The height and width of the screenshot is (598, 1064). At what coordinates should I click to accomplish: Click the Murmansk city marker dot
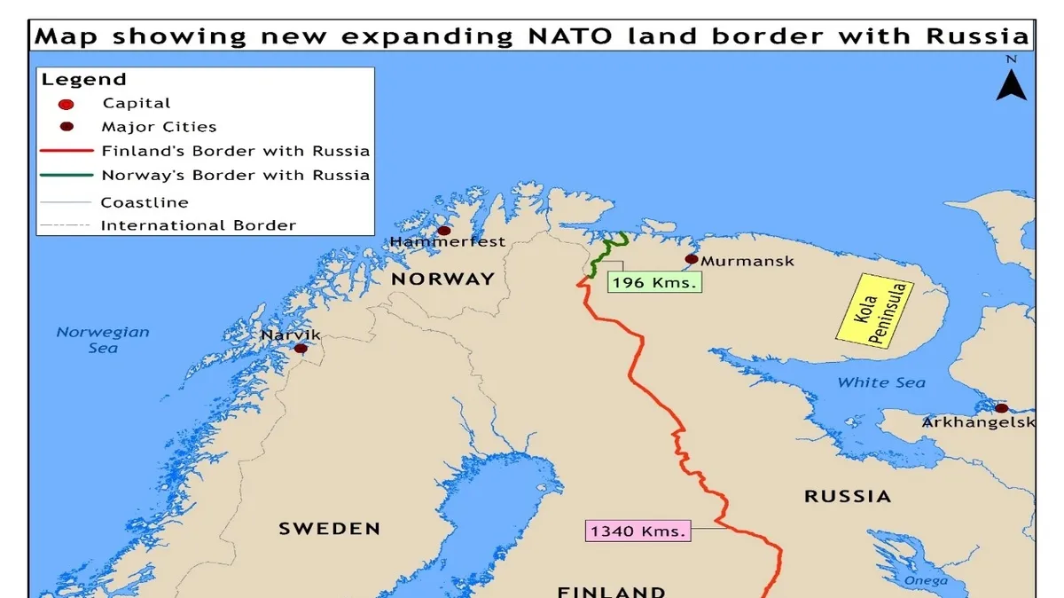692,259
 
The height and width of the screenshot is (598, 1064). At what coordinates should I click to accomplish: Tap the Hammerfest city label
448,242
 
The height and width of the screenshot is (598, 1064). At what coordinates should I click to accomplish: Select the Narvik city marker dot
301,349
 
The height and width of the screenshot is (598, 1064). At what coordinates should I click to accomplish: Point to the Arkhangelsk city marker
1001,408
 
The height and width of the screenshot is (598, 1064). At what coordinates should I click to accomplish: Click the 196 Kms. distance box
654,283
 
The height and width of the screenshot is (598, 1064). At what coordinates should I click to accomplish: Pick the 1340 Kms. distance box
637,531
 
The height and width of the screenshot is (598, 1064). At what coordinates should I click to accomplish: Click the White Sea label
881,382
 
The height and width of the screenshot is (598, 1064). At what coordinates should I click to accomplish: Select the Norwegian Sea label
103,340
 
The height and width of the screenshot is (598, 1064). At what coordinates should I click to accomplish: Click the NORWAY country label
443,279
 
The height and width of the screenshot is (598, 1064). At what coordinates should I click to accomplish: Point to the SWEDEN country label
330,529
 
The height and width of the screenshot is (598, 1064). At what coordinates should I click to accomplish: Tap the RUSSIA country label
848,496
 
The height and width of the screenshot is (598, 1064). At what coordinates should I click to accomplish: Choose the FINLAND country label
612,591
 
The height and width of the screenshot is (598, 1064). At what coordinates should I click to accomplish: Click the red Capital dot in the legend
66,105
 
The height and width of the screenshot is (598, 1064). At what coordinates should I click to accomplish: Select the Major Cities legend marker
66,128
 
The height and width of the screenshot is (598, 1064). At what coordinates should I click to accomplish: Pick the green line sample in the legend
66,175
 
